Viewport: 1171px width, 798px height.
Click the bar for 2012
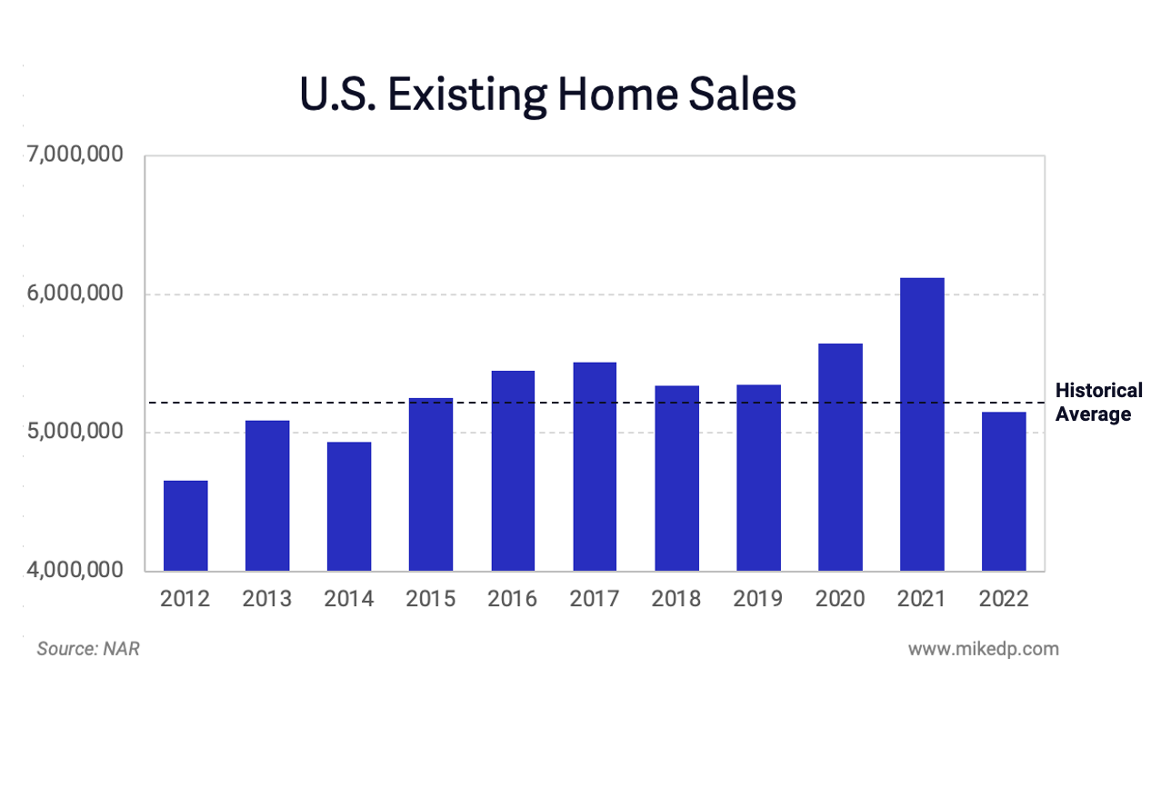point(185,525)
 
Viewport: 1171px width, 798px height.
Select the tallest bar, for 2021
point(922,424)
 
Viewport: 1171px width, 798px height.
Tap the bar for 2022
point(1004,491)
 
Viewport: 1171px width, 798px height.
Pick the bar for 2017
point(595,466)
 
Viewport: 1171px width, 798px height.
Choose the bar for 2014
point(349,506)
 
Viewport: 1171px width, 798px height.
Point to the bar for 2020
point(840,457)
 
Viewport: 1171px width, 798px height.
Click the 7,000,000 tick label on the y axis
point(75,155)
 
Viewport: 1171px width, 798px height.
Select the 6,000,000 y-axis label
point(75,294)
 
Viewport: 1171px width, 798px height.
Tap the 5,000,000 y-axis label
point(75,433)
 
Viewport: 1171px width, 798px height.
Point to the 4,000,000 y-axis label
point(75,571)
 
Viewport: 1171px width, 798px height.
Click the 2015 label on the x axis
point(431,599)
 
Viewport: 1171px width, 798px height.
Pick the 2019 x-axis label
point(758,599)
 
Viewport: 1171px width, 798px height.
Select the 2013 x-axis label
point(267,599)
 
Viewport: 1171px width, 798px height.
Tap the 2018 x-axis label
point(676,599)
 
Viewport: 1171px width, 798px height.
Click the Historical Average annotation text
point(1098,403)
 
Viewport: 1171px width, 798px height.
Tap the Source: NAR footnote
point(88,649)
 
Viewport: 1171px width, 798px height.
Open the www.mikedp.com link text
point(983,649)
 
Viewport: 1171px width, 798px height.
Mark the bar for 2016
point(513,471)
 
